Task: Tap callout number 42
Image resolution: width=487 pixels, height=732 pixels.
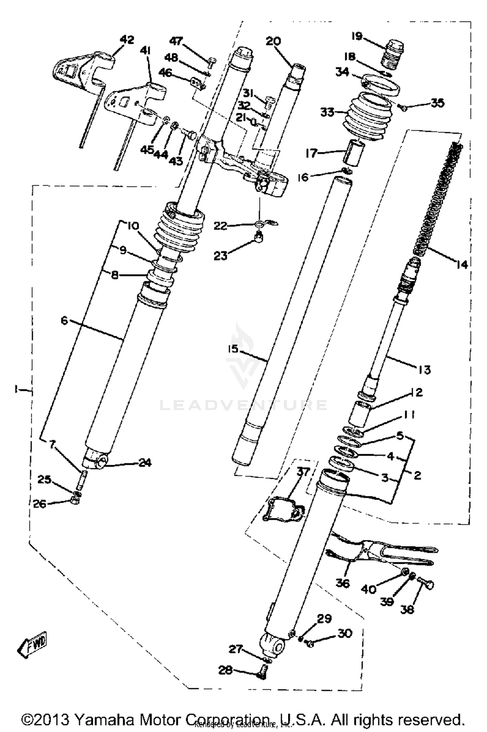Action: pos(127,40)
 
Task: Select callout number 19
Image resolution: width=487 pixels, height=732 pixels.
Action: pos(357,36)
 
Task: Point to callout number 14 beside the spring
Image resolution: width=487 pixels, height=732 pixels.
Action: pos(461,265)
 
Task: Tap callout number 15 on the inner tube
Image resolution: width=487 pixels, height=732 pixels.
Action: pos(233,349)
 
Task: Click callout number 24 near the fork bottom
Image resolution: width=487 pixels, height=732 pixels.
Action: pos(145,463)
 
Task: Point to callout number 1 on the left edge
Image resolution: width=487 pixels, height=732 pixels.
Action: pos(15,389)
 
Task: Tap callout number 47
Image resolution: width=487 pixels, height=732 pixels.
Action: pos(176,41)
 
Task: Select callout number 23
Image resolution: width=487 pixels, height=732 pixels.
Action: pos(220,256)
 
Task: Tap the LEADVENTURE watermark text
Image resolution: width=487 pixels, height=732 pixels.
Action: pos(243,405)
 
